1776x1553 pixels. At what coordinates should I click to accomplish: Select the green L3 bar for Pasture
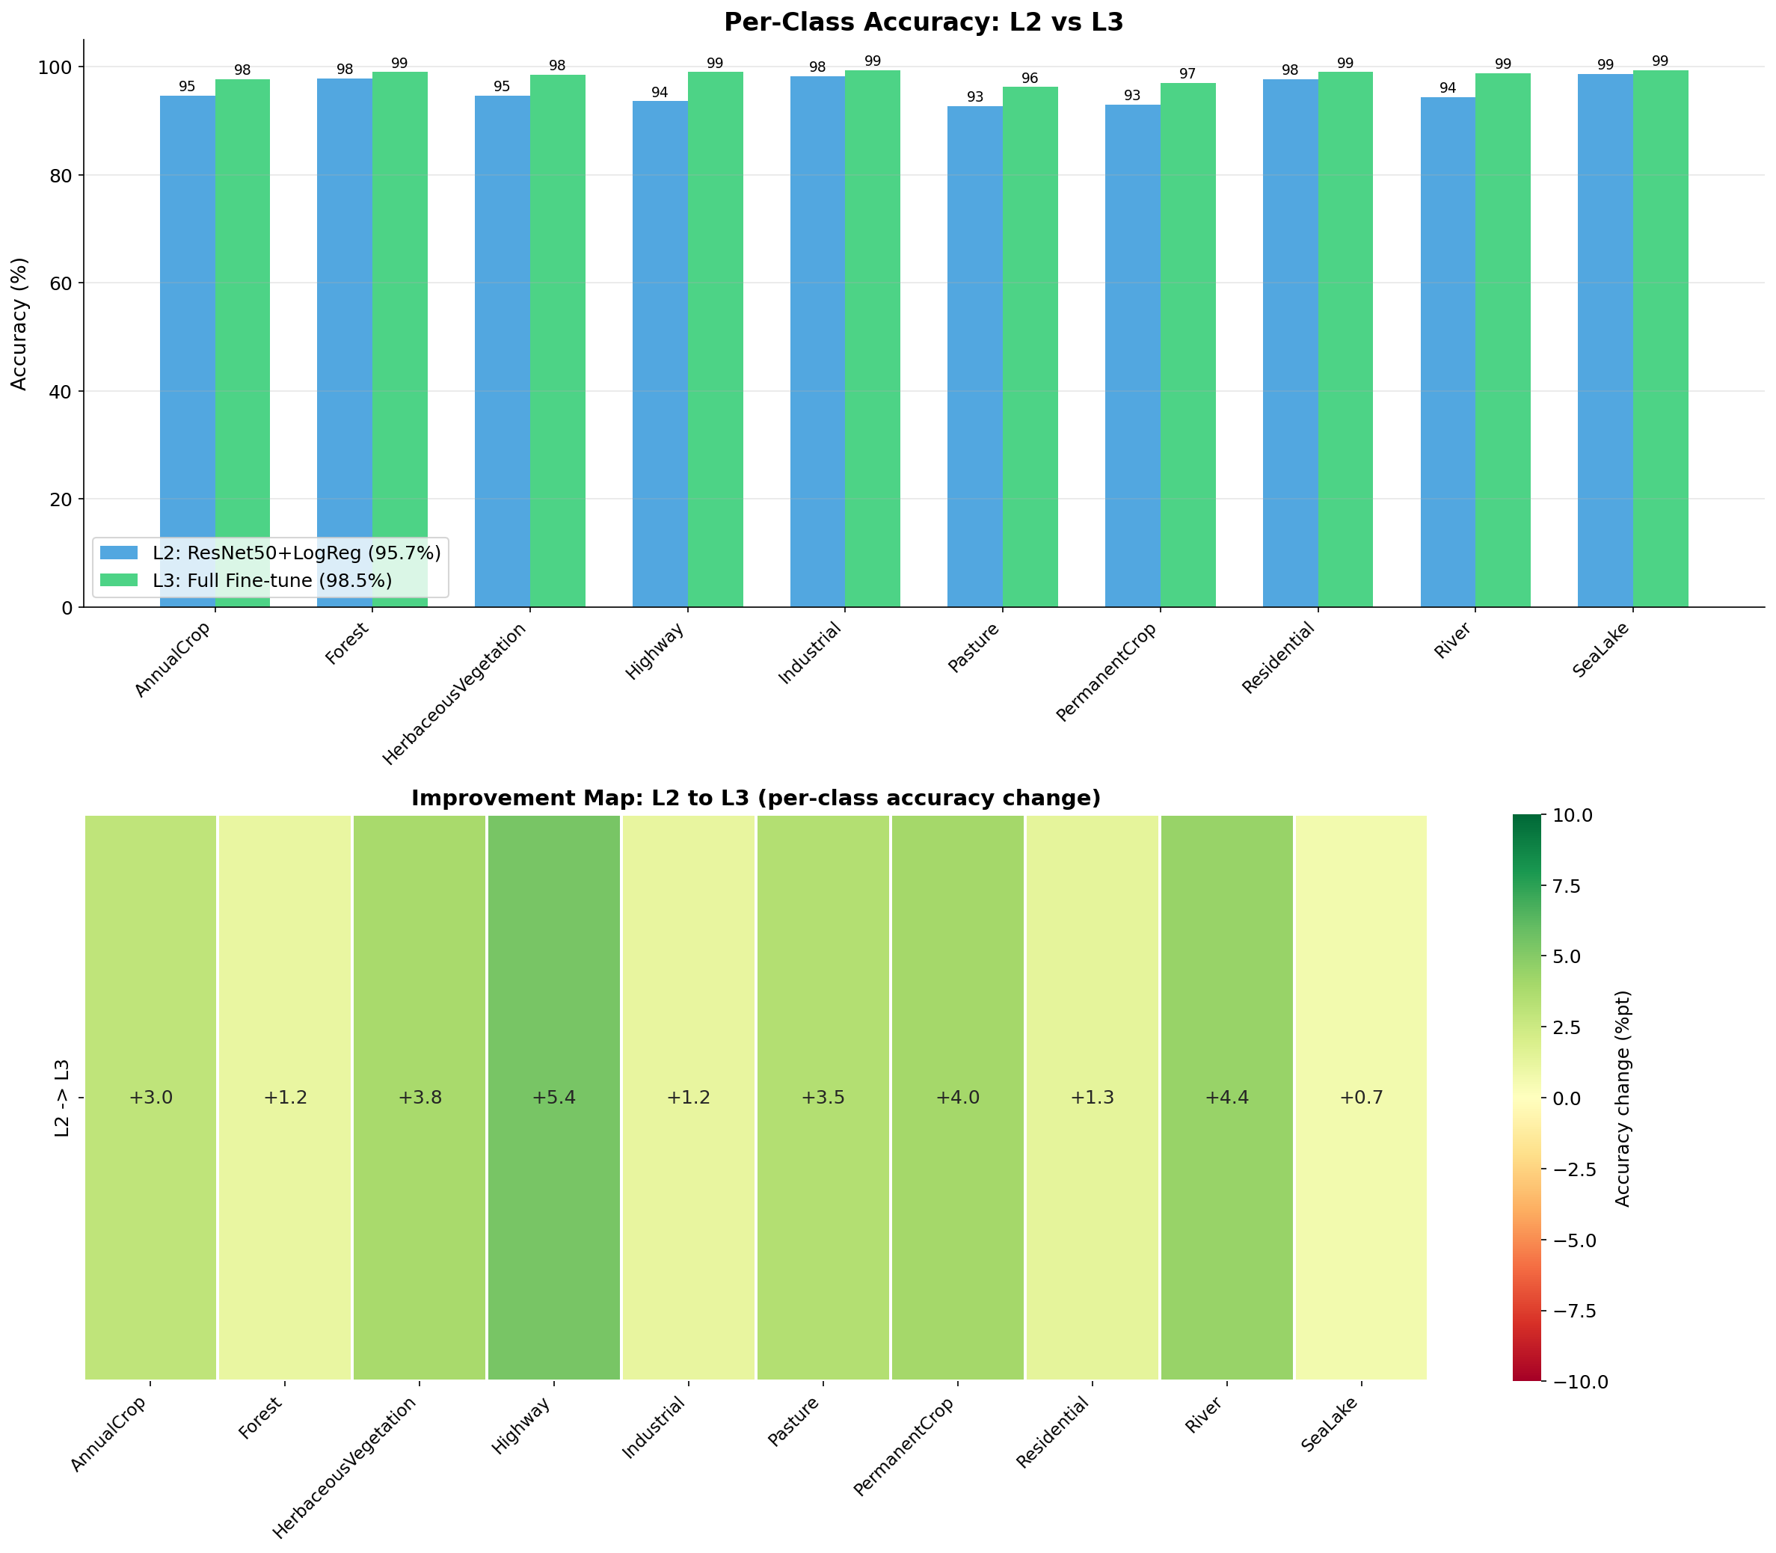(x=1030, y=347)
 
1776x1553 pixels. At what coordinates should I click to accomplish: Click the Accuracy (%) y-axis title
(x=20, y=323)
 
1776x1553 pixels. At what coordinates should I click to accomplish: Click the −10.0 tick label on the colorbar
(x=1583, y=1382)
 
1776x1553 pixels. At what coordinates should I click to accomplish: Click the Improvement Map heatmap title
(x=755, y=798)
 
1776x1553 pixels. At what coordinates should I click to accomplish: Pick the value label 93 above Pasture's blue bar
(x=974, y=97)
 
